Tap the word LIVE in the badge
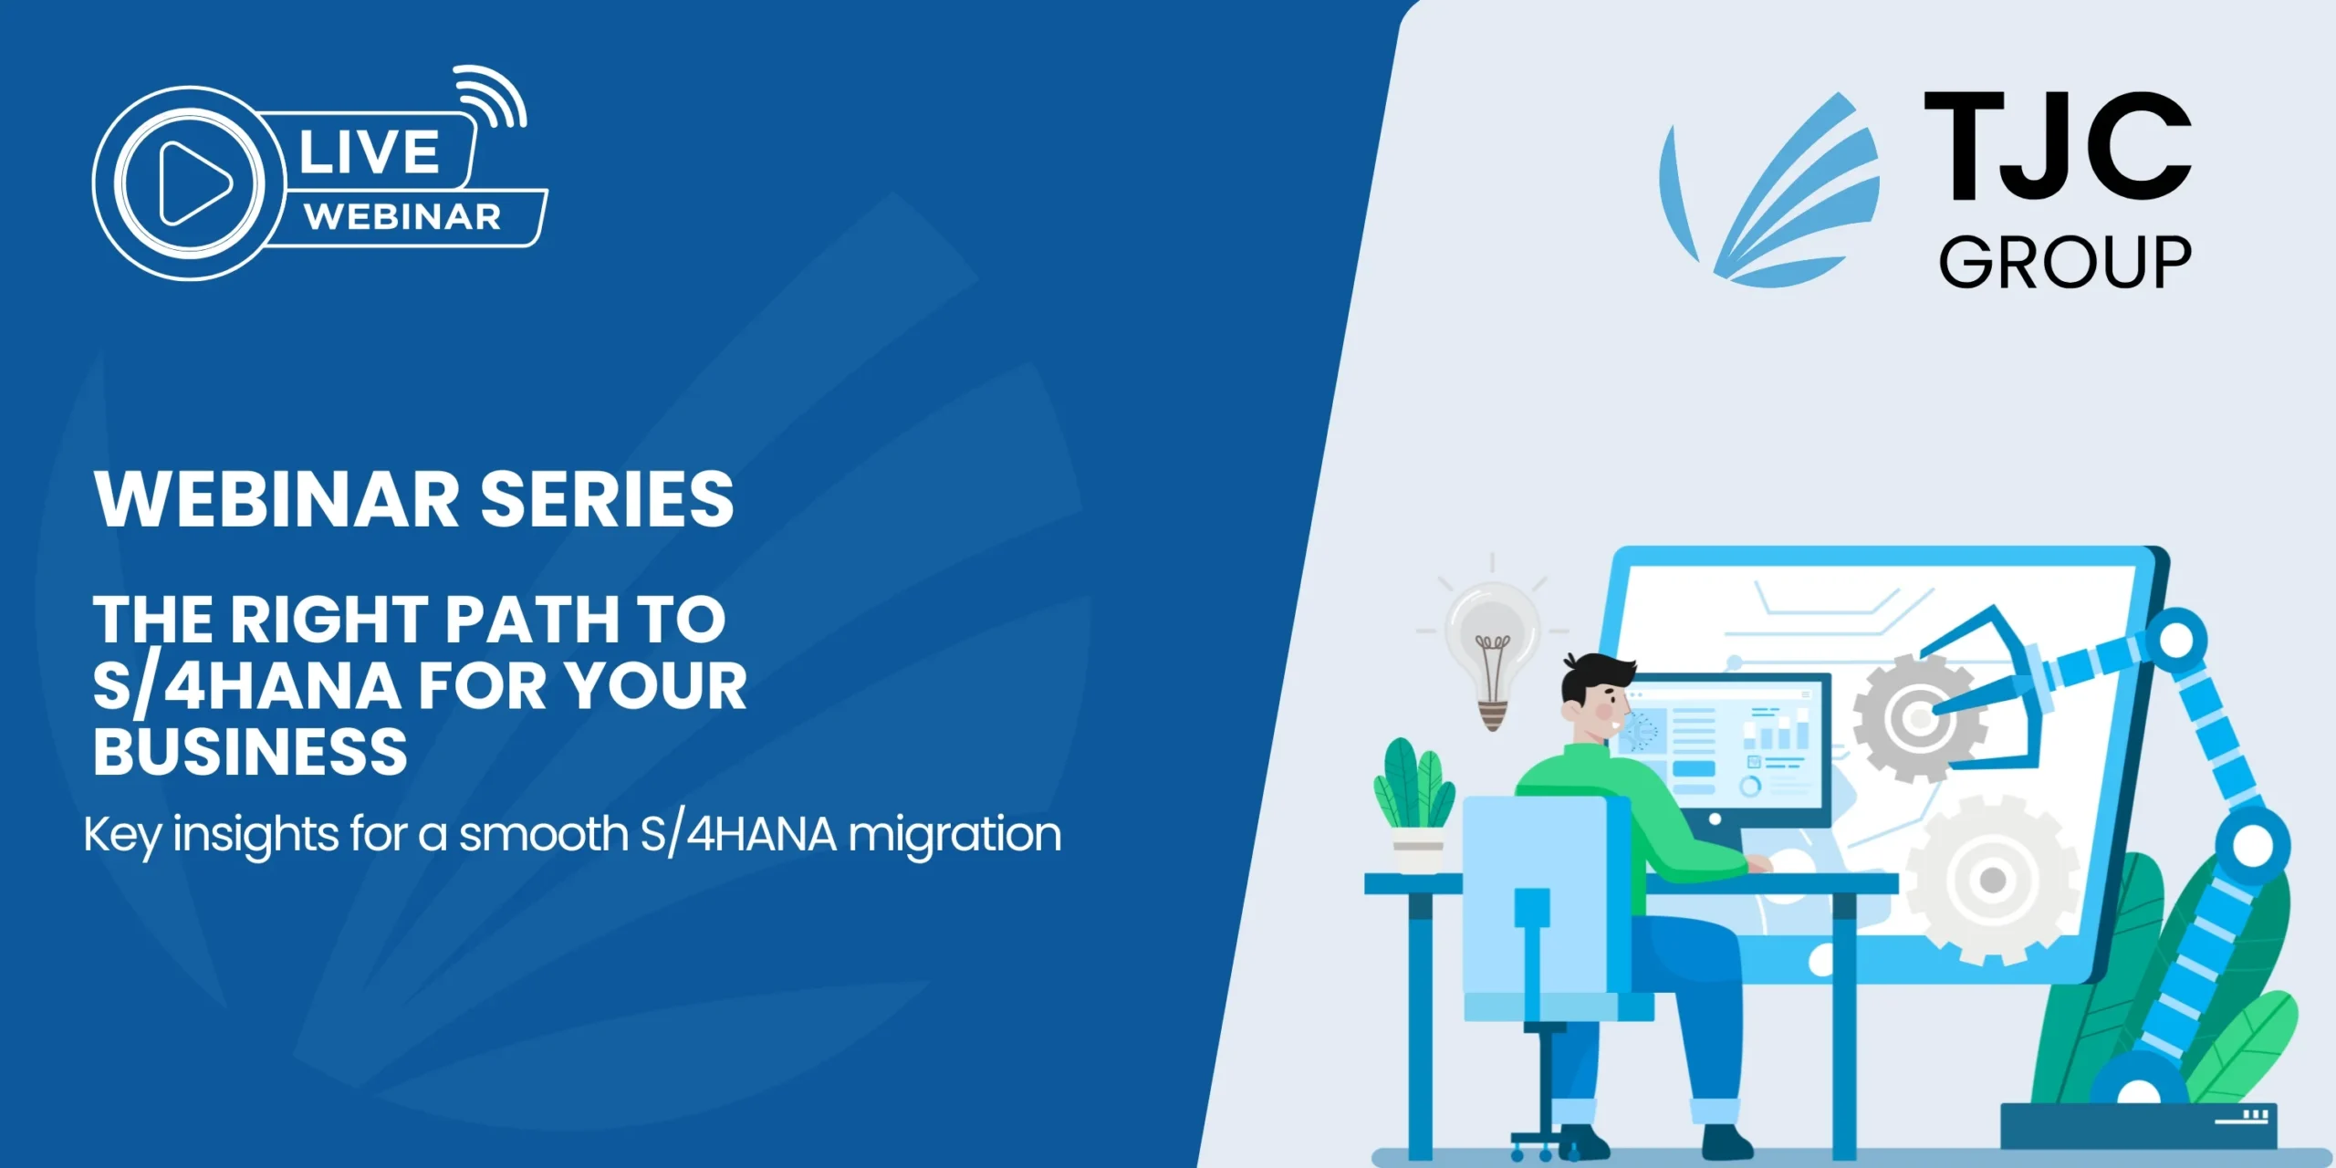tap(369, 152)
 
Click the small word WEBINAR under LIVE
tap(402, 217)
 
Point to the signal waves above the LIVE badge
tap(493, 97)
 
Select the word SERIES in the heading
tap(607, 499)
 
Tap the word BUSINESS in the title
tap(250, 752)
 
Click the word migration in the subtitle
tap(954, 834)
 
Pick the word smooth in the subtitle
tap(543, 834)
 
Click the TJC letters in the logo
tap(2057, 146)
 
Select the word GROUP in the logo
tap(2064, 263)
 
